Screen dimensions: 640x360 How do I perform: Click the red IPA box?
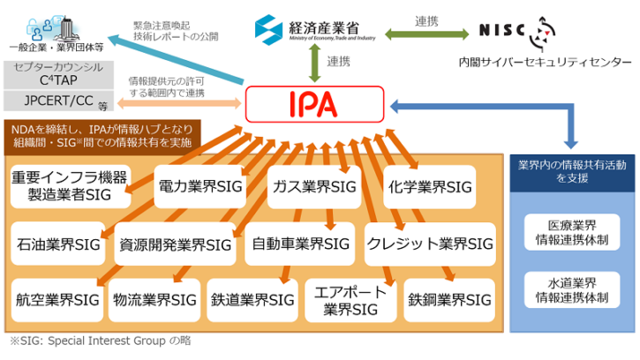(314, 104)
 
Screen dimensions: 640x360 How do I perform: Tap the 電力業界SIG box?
(200, 186)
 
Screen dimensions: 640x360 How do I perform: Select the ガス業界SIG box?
(314, 187)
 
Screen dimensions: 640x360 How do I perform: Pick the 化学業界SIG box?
(430, 187)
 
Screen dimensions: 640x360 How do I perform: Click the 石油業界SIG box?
(58, 244)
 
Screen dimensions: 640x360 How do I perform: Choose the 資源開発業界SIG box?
(175, 244)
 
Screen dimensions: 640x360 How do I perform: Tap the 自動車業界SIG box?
(300, 244)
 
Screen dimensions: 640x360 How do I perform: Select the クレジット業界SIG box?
(430, 244)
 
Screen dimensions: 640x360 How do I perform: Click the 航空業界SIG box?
(57, 300)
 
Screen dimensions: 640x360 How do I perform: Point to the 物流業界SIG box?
(154, 300)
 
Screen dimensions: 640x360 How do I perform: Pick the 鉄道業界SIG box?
(252, 300)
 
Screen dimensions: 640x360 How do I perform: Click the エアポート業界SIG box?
(350, 300)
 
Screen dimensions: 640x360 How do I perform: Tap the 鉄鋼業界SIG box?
(449, 300)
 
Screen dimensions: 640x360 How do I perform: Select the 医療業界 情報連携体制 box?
(572, 232)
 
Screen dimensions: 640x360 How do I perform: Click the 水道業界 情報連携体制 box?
(572, 289)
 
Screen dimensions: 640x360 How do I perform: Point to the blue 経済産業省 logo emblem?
(268, 30)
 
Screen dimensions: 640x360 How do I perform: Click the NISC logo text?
(501, 30)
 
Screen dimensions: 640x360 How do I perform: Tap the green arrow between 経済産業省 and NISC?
(427, 34)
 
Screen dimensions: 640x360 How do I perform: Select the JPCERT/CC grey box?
(59, 101)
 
